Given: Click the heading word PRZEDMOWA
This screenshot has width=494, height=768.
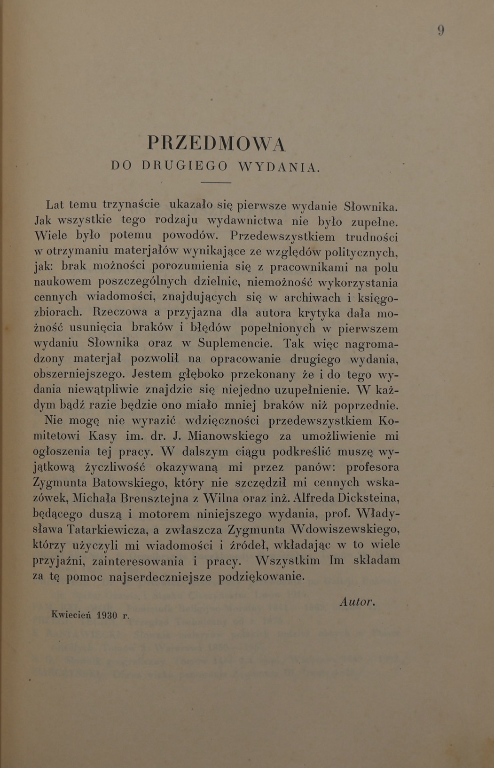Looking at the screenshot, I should coord(216,143).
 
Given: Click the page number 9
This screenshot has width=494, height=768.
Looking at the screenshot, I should coord(441,31).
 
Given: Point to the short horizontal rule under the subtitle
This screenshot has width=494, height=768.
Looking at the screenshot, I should coord(216,182).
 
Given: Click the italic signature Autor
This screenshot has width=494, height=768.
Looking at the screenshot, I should coord(357,602).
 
